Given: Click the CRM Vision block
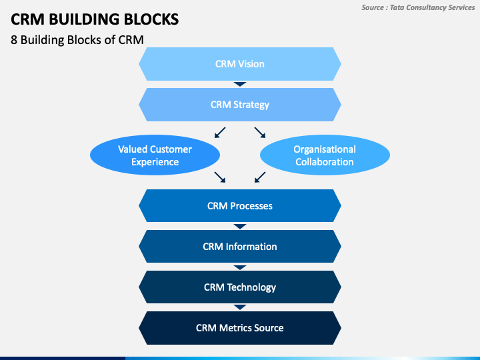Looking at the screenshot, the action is tap(240, 64).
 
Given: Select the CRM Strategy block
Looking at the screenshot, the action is tap(240, 105).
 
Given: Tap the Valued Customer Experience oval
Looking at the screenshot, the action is tap(155, 155).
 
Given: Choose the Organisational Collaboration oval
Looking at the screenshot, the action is tap(325, 155).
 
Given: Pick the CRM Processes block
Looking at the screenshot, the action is tap(240, 206).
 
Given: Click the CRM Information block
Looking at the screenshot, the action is tap(240, 247).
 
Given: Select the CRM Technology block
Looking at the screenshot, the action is tap(240, 287).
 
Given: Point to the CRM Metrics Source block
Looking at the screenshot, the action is tap(240, 328).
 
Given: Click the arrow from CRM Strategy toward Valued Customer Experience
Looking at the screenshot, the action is tap(220, 133).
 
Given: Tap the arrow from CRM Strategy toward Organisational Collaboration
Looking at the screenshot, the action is tap(260, 133).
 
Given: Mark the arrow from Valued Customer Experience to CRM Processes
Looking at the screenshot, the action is tap(220, 177).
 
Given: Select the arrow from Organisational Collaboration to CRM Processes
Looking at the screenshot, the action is tap(260, 177).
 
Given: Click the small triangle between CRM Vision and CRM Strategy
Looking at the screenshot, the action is tap(240, 84).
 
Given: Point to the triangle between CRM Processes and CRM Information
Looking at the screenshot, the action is tap(240, 227).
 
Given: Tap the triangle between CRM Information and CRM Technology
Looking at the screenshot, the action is tap(240, 267).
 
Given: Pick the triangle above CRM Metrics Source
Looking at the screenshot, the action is tap(240, 307).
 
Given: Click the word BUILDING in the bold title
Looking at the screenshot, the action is tap(84, 19).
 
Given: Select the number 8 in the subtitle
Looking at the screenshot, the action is tap(14, 40).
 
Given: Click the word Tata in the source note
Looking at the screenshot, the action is tap(397, 7).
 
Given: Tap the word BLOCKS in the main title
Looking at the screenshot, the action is tap(151, 19).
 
